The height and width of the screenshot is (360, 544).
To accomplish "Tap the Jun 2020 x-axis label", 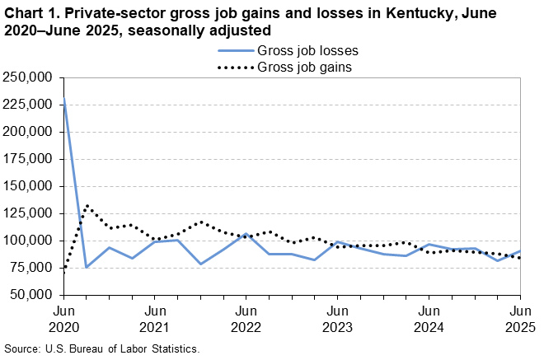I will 64,319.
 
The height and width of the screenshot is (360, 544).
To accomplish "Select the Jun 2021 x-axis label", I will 155,319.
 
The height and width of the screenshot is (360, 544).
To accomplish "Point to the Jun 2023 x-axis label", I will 337,319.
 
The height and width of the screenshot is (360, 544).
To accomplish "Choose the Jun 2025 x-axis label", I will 519,319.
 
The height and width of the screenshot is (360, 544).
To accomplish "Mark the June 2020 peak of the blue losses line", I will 64,100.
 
